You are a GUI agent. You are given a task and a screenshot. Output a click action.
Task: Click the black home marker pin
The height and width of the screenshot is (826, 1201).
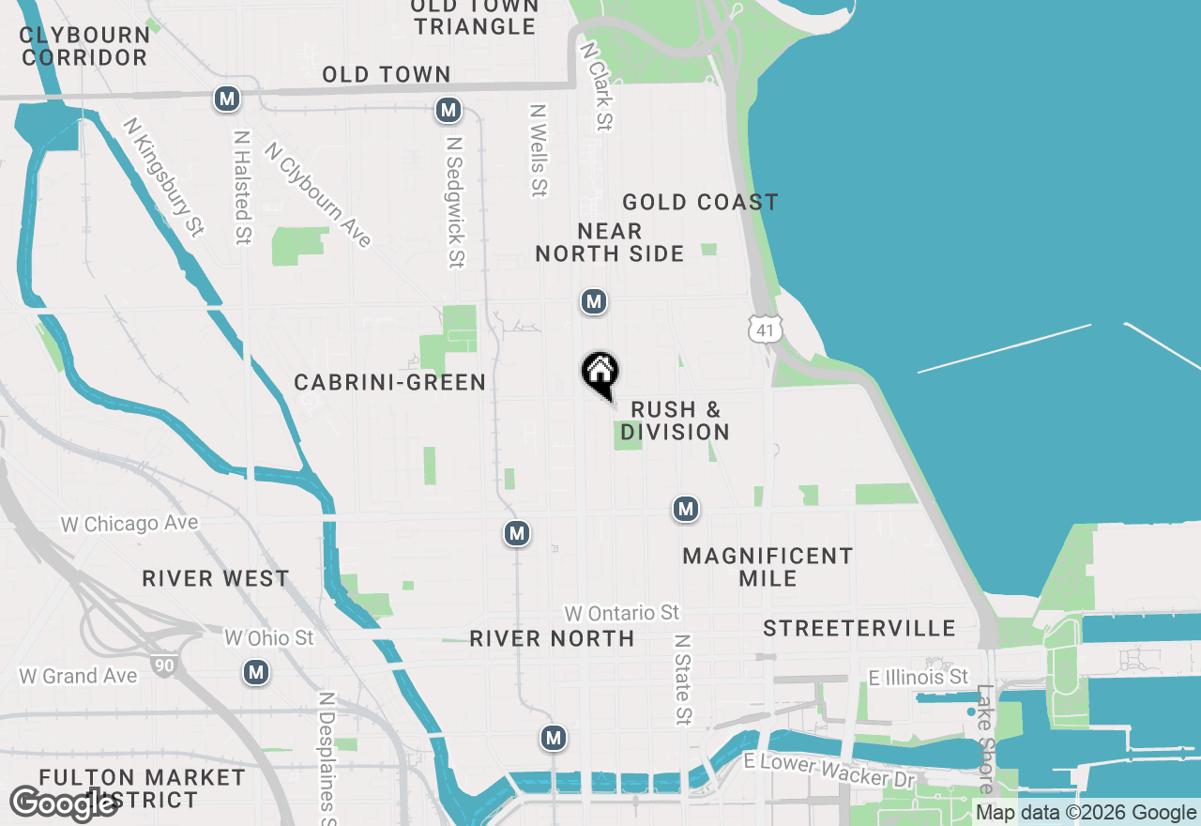[600, 374]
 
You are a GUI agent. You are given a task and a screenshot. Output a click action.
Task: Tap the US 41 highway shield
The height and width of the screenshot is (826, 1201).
[765, 329]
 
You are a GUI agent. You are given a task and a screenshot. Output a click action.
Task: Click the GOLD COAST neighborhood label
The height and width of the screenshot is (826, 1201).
[700, 202]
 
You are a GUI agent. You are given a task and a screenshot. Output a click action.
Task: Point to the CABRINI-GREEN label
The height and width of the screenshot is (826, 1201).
[389, 382]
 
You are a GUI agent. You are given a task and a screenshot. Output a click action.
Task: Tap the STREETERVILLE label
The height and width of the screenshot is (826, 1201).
[859, 628]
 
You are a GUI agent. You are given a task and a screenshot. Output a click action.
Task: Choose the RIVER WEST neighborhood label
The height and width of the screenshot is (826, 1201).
[216, 578]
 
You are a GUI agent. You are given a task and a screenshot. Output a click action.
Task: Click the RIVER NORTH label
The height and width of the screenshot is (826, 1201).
[552, 638]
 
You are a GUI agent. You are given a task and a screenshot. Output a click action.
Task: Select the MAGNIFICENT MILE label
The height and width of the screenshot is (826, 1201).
[768, 567]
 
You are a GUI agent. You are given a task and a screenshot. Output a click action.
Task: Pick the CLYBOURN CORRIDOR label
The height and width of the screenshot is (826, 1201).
[85, 46]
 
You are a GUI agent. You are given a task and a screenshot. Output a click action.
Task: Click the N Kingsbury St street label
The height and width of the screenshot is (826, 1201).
[163, 176]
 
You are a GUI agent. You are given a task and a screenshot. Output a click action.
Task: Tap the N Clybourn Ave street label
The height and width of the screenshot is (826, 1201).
[318, 194]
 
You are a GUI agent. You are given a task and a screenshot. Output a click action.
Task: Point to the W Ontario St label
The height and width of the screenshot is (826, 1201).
[621, 613]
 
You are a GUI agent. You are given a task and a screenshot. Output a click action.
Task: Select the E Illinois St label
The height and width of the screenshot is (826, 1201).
[918, 677]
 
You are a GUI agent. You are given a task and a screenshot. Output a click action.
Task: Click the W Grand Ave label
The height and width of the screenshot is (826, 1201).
[78, 675]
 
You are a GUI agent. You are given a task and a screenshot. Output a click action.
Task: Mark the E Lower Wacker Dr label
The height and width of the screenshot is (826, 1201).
[829, 770]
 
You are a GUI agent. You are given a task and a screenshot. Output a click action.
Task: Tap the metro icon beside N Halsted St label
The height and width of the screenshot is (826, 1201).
[226, 99]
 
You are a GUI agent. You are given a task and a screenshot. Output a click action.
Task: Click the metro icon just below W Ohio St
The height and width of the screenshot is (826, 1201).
[256, 672]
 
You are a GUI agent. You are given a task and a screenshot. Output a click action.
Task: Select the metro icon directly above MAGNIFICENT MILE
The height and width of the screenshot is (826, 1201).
[686, 509]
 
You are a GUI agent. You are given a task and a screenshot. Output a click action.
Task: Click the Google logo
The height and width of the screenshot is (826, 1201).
[63, 804]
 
